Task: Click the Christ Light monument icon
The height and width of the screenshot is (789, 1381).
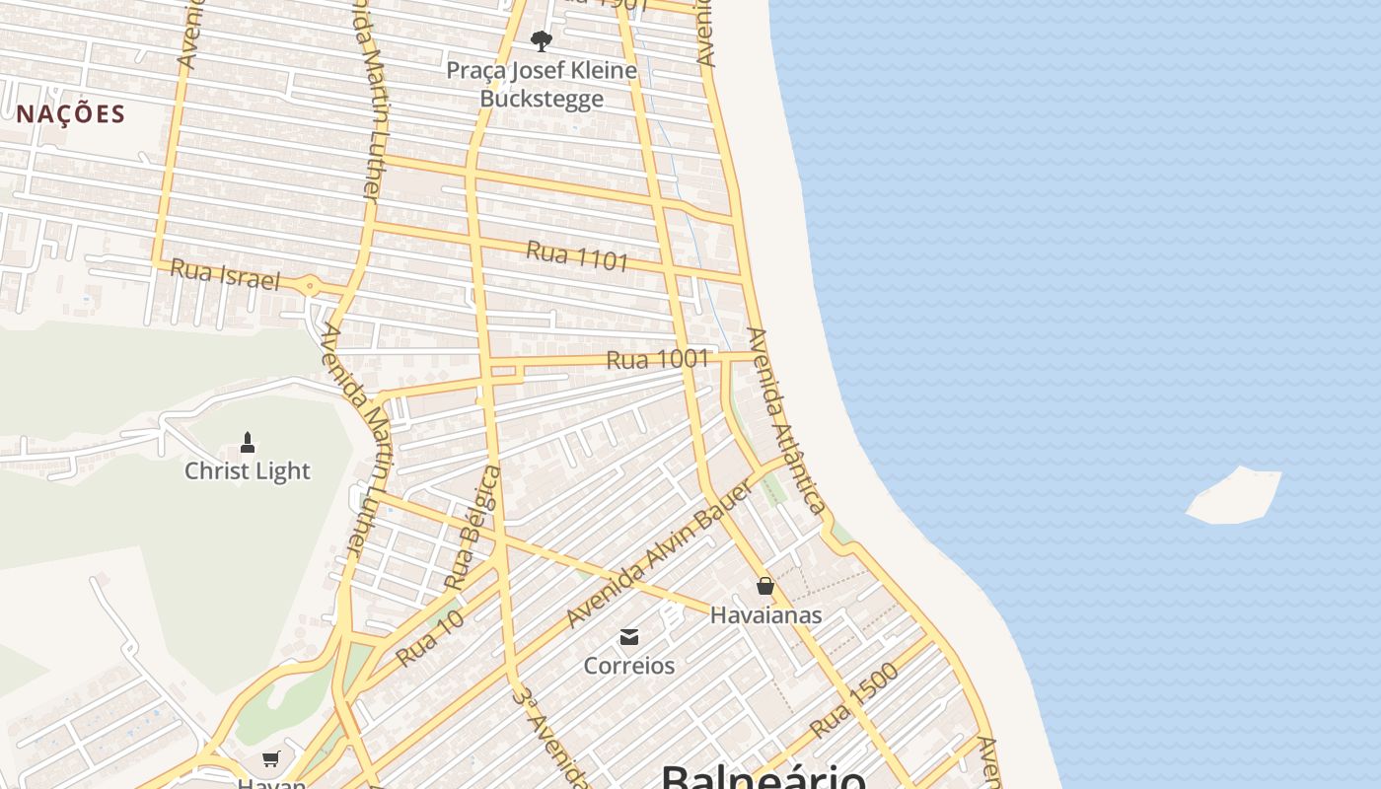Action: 248,442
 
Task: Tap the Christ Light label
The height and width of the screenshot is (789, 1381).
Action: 248,471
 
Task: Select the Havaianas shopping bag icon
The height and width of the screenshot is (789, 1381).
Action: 764,586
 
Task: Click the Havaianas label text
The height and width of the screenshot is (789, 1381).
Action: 766,615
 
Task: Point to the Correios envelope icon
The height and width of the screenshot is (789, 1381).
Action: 629,636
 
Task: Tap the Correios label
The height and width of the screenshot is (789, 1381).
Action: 629,666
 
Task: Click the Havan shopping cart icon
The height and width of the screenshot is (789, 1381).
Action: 271,758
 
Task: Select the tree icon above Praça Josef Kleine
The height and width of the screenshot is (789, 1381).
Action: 541,41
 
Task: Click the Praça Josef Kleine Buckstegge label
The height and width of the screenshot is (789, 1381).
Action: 542,85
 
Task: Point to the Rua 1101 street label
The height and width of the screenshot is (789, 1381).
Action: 577,256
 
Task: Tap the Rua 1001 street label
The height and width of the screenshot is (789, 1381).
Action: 658,360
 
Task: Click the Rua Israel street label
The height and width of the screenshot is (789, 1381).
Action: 226,274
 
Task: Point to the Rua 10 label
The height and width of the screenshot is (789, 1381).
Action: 430,637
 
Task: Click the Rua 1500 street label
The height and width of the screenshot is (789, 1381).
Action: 855,700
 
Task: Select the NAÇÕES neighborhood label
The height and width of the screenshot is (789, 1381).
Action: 71,113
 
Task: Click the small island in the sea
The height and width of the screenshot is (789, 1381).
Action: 1233,495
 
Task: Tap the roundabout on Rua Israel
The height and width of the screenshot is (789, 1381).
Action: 311,287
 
